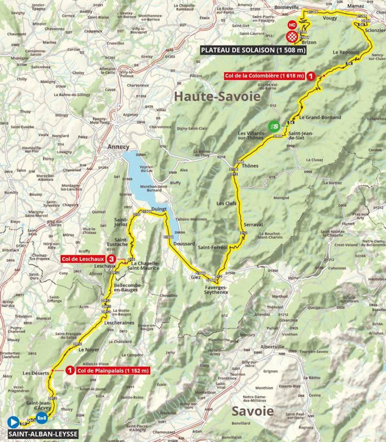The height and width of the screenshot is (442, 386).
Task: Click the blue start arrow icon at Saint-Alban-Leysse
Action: point(13,421)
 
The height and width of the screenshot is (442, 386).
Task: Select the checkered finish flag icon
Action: point(292,37)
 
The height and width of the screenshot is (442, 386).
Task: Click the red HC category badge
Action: point(292,25)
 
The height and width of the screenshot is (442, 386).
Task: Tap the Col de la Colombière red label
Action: point(264,76)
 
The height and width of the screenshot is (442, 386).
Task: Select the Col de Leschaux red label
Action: point(82,259)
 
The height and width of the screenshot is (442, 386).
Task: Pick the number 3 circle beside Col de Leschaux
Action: point(111,259)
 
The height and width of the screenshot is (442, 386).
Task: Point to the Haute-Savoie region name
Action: point(217,97)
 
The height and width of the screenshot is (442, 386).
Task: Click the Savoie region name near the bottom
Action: point(253,411)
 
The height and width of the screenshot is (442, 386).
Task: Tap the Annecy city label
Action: point(118,147)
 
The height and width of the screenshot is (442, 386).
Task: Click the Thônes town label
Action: point(250,166)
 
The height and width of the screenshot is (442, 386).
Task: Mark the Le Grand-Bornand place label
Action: point(320,117)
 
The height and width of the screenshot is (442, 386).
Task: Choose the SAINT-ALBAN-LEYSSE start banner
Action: point(42,434)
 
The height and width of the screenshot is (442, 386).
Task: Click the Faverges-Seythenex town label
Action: point(216,289)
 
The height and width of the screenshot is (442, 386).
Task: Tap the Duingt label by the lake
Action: point(159,209)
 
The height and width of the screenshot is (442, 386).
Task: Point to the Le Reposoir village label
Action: point(343,52)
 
